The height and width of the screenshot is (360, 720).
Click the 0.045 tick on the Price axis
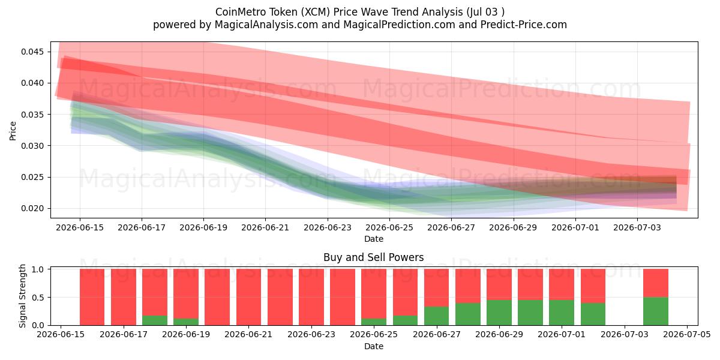tap(32, 52)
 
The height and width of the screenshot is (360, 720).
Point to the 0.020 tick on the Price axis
tap(32, 209)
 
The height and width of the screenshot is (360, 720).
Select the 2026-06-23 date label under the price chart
tap(328, 227)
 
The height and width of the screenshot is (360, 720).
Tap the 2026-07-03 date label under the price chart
tap(637, 227)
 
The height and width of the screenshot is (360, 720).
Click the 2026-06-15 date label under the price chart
tap(80, 227)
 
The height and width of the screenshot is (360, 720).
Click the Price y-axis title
tap(13, 131)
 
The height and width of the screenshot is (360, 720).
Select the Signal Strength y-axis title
tap(22, 296)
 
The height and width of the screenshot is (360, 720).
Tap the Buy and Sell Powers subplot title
tap(373, 257)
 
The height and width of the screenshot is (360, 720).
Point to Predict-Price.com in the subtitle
tap(524, 25)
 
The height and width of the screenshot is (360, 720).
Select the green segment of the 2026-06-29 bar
tap(499, 313)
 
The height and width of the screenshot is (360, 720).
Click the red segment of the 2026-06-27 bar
tap(437, 287)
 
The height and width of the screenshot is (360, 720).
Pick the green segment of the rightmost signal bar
tap(656, 311)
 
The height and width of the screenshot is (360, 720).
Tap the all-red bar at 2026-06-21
tap(249, 297)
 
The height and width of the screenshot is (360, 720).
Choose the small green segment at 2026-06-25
tap(374, 322)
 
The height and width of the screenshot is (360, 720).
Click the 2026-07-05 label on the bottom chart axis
tap(687, 335)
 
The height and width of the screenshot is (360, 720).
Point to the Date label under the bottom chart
tap(373, 347)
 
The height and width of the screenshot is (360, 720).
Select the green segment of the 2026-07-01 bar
tap(561, 313)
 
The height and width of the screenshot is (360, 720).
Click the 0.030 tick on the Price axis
tap(32, 146)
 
